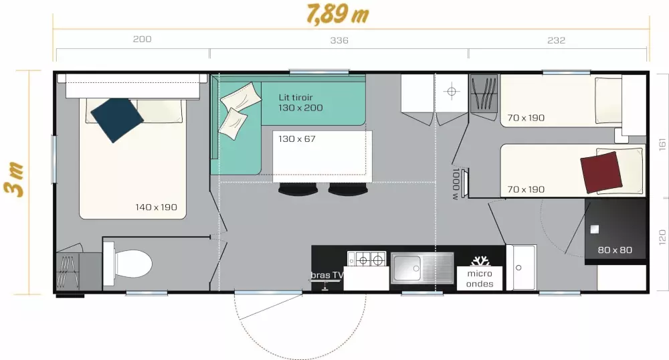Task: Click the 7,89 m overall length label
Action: (x=337, y=13)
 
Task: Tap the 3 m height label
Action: (x=13, y=179)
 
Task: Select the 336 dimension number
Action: (x=339, y=41)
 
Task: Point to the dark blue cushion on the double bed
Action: (x=116, y=119)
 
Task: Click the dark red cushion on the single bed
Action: (x=601, y=173)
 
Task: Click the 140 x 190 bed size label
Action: (x=156, y=207)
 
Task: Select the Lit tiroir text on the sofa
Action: (x=296, y=97)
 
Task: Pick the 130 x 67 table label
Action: (x=297, y=139)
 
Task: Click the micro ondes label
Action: (x=480, y=278)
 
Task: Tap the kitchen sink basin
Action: (x=407, y=268)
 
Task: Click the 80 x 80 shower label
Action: (x=615, y=250)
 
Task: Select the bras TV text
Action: (x=327, y=275)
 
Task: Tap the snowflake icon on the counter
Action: (x=480, y=260)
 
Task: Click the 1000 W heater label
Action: (x=456, y=184)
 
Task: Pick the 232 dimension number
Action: (x=557, y=41)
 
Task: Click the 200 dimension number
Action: (x=142, y=39)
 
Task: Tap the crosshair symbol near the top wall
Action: (x=452, y=92)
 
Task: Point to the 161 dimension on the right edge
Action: (x=662, y=144)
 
